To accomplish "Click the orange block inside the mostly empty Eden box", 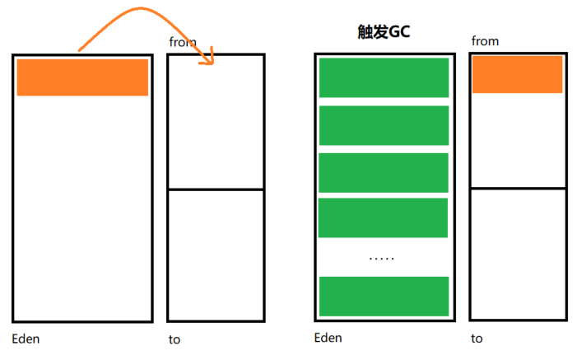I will pyautogui.click(x=82, y=77).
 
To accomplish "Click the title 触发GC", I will pyautogui.click(x=383, y=34).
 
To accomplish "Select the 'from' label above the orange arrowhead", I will pyautogui.click(x=183, y=41).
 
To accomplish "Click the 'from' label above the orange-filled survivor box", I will pyautogui.click(x=485, y=40).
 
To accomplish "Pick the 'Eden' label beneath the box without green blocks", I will pyautogui.click(x=26, y=339).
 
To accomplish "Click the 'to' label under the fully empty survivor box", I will pyautogui.click(x=174, y=339).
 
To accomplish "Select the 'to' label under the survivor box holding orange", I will pyautogui.click(x=477, y=338).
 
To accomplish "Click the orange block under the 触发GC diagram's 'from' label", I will pyautogui.click(x=517, y=74).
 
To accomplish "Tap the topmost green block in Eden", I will pyautogui.click(x=383, y=78).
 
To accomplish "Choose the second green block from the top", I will pyautogui.click(x=383, y=125).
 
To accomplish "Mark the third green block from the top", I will pyautogui.click(x=383, y=172).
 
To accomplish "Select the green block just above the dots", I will pyautogui.click(x=383, y=217).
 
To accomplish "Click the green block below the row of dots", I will pyautogui.click(x=383, y=296).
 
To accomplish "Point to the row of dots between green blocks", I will pyautogui.click(x=382, y=258).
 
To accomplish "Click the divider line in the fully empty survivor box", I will pyautogui.click(x=215, y=189).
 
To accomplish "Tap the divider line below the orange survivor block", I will pyautogui.click(x=518, y=189).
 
